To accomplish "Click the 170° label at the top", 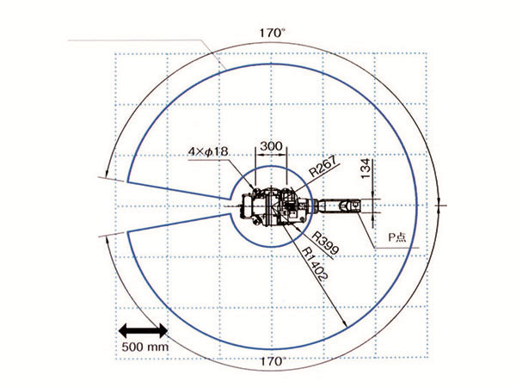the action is click(x=273, y=34).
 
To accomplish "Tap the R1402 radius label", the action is click(x=316, y=263).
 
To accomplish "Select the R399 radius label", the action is click(x=325, y=243).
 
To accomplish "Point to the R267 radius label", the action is click(x=323, y=167).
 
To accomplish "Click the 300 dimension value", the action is click(x=271, y=146).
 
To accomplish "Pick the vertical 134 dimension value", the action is click(x=365, y=169).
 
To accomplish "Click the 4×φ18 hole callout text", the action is click(x=208, y=151).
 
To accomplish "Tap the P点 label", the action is click(x=397, y=237).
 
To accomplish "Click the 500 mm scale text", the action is click(x=145, y=347).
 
